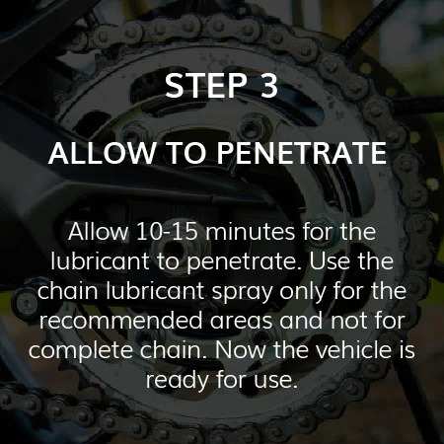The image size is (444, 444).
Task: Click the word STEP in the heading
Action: (206, 85)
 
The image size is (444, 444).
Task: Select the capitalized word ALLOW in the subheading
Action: (102, 153)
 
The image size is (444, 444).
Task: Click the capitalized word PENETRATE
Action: (302, 153)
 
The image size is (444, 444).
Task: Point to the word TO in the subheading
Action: (186, 153)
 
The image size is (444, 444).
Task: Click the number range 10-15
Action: (167, 231)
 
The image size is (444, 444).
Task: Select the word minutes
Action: (251, 231)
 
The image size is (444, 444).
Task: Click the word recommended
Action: (120, 320)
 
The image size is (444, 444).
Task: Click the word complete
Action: (81, 351)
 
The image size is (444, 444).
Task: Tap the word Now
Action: (240, 350)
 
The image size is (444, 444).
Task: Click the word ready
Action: (178, 381)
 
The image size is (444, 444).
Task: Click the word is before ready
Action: (407, 349)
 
